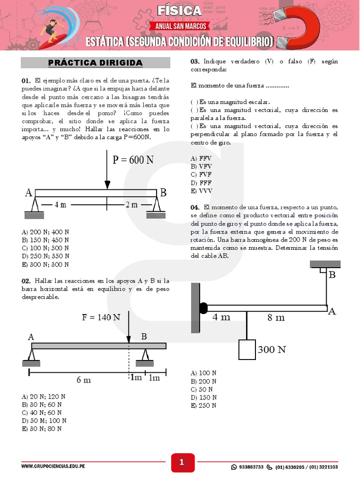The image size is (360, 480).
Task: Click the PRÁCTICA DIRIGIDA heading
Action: (x=96, y=63)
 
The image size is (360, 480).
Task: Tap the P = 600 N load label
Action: (x=134, y=160)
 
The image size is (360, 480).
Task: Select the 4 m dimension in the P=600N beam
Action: (x=60, y=204)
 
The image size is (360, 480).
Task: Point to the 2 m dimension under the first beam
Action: (x=131, y=204)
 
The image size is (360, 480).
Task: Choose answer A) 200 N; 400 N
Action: (x=45, y=232)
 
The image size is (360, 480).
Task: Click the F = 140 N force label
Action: (x=101, y=317)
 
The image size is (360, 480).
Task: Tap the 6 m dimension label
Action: (x=83, y=380)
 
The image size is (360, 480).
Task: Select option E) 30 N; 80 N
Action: (x=42, y=428)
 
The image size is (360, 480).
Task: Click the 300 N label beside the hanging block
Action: (x=272, y=350)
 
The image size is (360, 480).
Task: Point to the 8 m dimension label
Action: (x=276, y=317)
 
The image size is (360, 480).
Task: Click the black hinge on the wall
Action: (x=203, y=308)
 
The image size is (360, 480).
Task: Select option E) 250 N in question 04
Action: (x=203, y=405)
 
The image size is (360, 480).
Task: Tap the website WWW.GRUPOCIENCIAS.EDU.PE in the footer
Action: (x=53, y=467)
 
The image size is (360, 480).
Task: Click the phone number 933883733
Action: (x=251, y=467)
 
